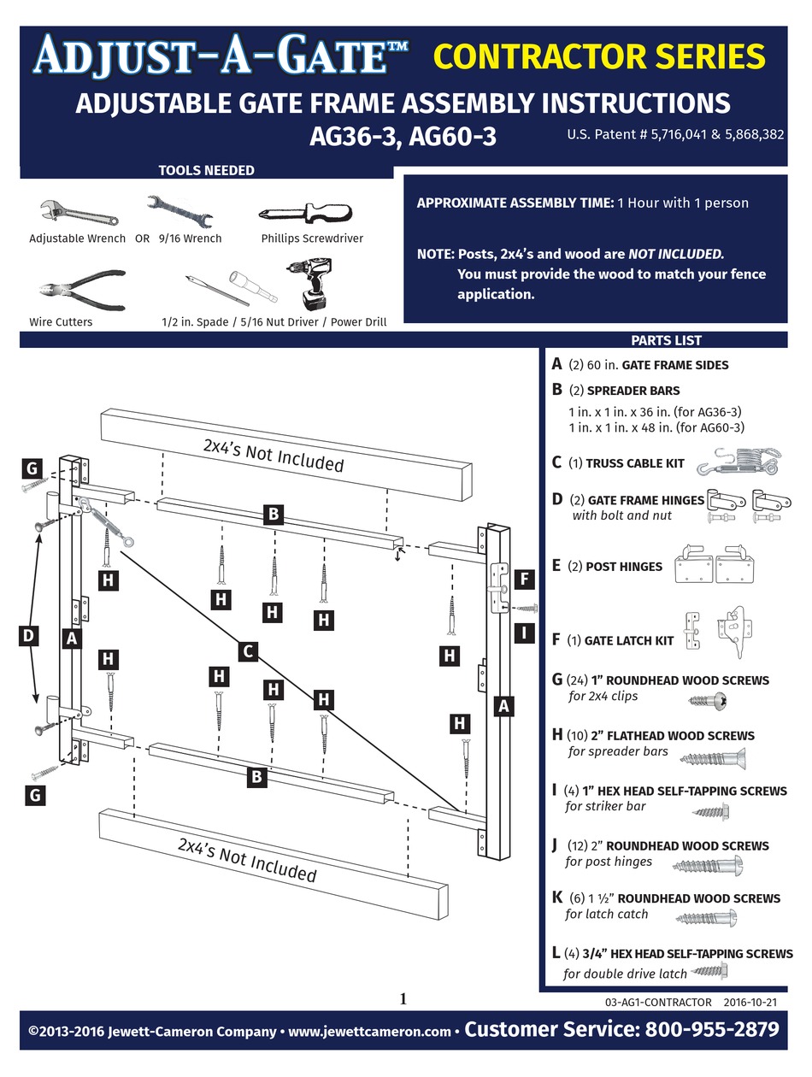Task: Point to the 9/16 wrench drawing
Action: [183, 210]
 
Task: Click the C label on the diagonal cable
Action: [248, 652]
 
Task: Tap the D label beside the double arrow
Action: [28, 635]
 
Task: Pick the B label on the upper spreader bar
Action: [273, 514]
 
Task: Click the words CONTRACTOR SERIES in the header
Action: [598, 56]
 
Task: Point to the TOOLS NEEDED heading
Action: [206, 170]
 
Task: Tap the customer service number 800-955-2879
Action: [708, 1029]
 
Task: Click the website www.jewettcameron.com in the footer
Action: [369, 1032]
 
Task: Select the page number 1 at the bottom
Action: [403, 998]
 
